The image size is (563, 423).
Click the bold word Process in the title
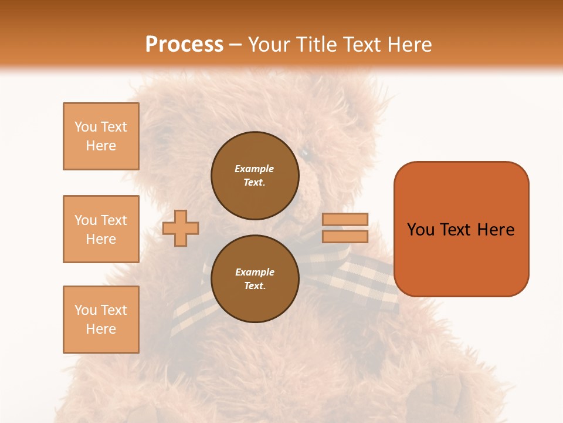coord(184,45)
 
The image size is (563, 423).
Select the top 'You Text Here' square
coord(101,136)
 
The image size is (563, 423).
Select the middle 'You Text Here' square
coord(101,229)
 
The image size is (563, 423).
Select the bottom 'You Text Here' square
coord(101,320)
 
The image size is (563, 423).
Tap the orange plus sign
coord(181,228)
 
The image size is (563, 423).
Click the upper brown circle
coord(255,176)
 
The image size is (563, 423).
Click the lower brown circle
coord(255,278)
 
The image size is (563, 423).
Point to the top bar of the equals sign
coord(345,220)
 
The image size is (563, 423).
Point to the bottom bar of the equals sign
coord(345,237)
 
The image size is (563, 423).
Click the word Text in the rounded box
coord(456,230)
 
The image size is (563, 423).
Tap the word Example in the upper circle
coord(255,169)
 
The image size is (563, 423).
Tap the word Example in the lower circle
coord(255,272)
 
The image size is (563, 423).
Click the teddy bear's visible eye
coord(304,153)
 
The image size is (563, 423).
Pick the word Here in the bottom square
coord(101,329)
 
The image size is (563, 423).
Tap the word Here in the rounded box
coord(496,230)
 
